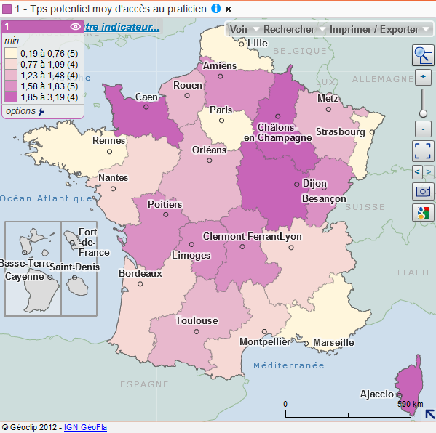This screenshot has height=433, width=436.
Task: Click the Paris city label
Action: coord(221,110)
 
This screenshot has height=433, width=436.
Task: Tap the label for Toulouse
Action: coord(197,320)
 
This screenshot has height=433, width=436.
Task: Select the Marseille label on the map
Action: coord(333,342)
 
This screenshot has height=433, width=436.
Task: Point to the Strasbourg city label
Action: coord(341,132)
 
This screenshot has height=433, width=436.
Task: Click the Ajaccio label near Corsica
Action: coord(377,394)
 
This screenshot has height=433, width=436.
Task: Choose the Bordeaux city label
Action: coord(140,274)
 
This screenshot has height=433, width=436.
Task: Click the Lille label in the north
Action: coord(258,43)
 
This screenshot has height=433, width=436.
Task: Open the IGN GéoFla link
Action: coord(85,427)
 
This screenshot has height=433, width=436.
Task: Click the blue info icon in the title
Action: coord(215,8)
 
